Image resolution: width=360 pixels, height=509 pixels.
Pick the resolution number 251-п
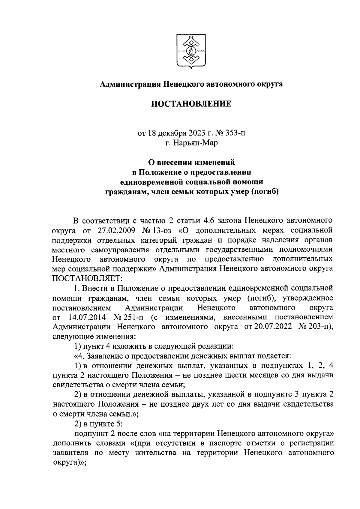(x=135, y=317)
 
